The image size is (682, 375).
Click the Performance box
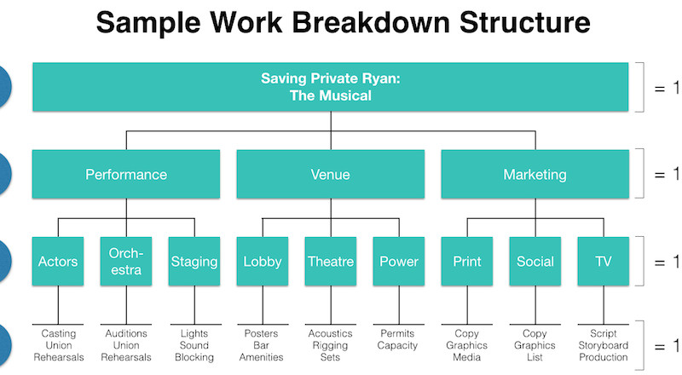[x=126, y=174]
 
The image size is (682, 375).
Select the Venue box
[x=331, y=174]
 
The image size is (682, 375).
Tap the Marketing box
[x=535, y=174]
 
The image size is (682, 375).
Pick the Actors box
[x=58, y=261]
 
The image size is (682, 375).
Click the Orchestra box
[x=126, y=261]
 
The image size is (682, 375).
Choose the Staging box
[x=194, y=261]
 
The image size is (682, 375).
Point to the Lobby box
[x=263, y=261]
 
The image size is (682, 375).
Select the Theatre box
[x=331, y=261]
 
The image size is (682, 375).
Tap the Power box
[x=399, y=261]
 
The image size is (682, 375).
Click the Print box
[x=467, y=261]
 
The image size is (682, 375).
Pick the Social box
[x=535, y=261]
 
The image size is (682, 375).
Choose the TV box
[x=604, y=261]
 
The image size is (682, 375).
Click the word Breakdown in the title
[x=371, y=22]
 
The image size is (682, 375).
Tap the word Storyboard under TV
[x=604, y=345]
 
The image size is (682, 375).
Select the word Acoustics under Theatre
[x=331, y=334]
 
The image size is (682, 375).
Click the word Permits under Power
[x=397, y=334]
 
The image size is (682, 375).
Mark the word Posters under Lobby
[x=261, y=334]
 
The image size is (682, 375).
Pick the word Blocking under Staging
[x=194, y=358]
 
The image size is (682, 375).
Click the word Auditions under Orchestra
[x=126, y=334]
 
